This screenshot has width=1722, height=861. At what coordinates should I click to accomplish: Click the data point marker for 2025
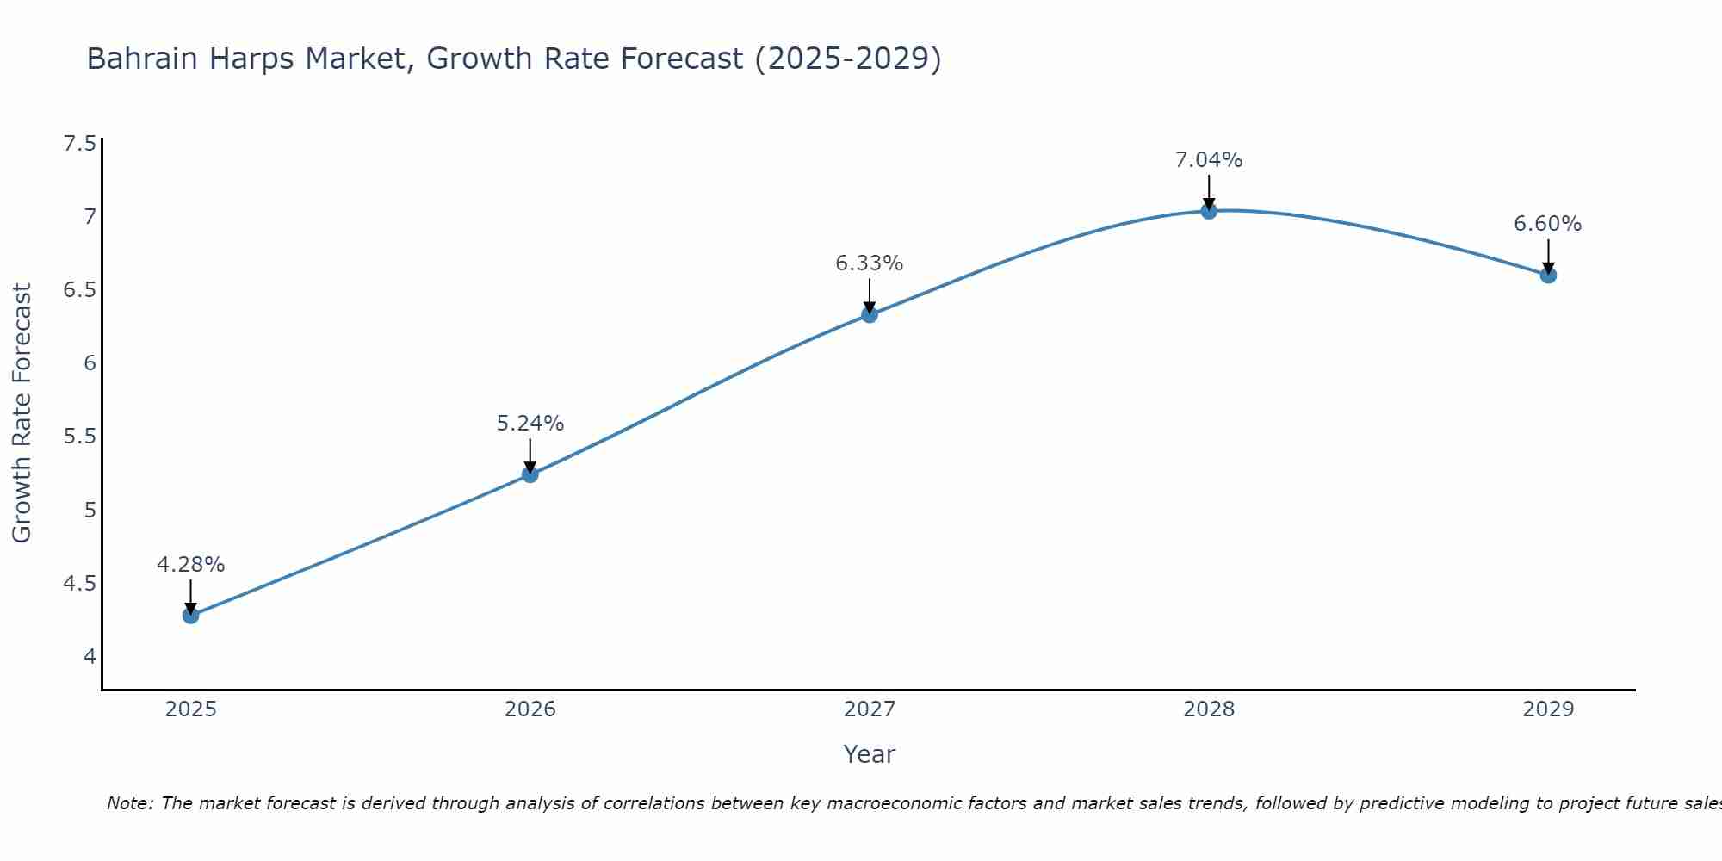pyautogui.click(x=190, y=616)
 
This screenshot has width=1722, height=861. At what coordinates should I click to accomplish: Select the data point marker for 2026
pyautogui.click(x=530, y=474)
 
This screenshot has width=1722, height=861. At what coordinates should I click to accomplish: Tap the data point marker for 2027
pyautogui.click(x=870, y=314)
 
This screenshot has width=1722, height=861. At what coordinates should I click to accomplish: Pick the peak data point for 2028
pyautogui.click(x=1209, y=210)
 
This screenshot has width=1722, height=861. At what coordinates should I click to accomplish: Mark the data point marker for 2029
pyautogui.click(x=1548, y=276)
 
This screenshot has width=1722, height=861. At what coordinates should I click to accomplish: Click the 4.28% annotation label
pyautogui.click(x=190, y=565)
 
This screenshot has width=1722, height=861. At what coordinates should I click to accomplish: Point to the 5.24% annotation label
pyautogui.click(x=530, y=424)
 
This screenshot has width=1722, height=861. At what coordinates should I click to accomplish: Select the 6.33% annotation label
pyautogui.click(x=870, y=263)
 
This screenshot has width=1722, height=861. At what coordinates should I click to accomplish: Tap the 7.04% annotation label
pyautogui.click(x=1209, y=160)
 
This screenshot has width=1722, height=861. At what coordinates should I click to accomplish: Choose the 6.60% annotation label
pyautogui.click(x=1548, y=224)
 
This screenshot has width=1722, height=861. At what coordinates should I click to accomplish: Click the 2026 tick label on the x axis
pyautogui.click(x=530, y=709)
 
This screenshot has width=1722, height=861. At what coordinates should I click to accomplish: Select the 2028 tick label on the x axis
pyautogui.click(x=1209, y=709)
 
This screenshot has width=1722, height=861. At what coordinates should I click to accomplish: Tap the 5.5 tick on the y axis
pyautogui.click(x=79, y=437)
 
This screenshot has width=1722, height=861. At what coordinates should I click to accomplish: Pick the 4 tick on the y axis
pyautogui.click(x=90, y=657)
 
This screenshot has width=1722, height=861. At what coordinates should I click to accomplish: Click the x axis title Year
pyautogui.click(x=870, y=754)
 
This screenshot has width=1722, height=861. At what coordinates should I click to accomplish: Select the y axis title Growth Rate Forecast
pyautogui.click(x=22, y=413)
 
